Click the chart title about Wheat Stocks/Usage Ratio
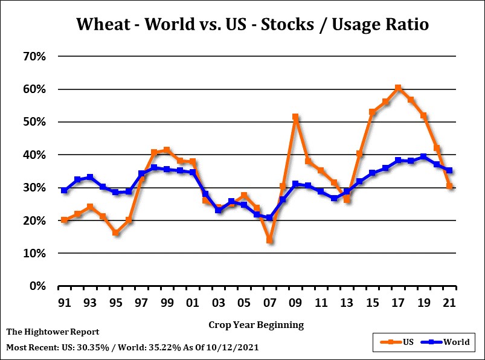tap(252, 24)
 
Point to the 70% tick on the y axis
tap(35, 57)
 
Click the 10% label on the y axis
tap(35, 254)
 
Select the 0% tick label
tap(39, 286)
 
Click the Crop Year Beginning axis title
tap(256, 325)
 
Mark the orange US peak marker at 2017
tap(398, 88)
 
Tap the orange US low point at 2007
tap(269, 240)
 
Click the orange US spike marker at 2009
tap(295, 117)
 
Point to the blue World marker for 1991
tap(64, 190)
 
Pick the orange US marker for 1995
tap(115, 233)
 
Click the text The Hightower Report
tap(53, 332)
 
